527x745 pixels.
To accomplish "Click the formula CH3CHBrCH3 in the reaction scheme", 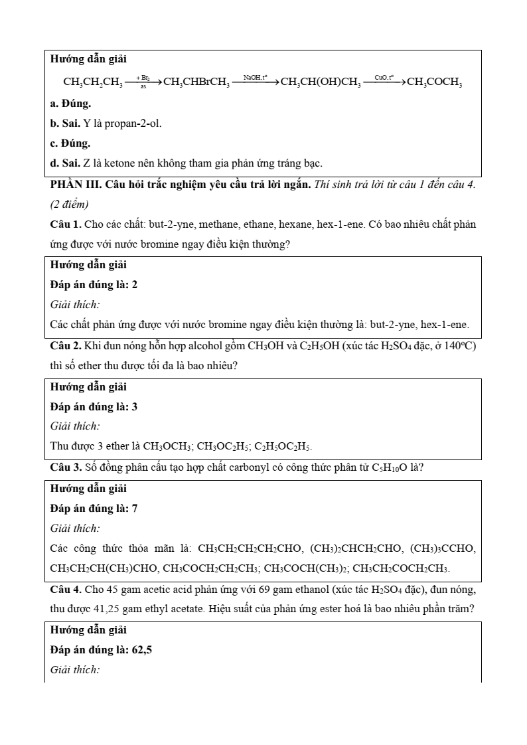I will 196,82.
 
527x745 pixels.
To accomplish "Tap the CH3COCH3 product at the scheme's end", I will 434,82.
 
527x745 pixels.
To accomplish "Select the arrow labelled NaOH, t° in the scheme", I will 255,82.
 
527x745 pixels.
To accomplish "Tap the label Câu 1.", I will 66,224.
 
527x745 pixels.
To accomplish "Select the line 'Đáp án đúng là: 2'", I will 94,284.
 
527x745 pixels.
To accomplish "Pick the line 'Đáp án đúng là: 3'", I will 94,406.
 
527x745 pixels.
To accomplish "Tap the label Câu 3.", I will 66,467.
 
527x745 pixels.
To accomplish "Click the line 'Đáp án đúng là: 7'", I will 94,508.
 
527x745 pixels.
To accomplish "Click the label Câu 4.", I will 66,589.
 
